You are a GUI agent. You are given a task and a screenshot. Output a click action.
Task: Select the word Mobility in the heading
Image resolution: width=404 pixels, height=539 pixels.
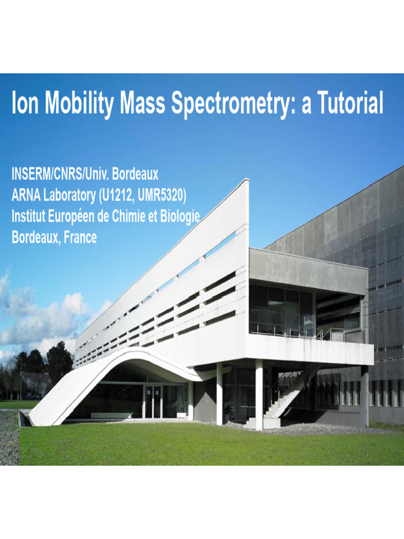coord(79,105)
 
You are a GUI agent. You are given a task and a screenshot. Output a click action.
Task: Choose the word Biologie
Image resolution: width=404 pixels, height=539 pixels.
coord(178,217)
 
